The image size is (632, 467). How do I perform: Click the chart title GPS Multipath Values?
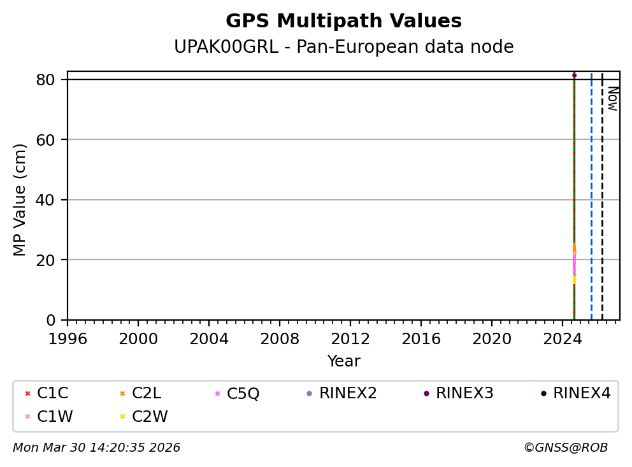click(x=343, y=21)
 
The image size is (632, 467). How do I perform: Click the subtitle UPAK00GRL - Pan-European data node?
click(x=343, y=47)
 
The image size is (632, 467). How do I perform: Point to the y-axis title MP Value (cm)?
click(x=20, y=200)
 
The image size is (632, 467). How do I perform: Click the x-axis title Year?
click(x=343, y=361)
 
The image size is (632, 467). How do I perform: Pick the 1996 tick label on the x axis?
click(x=68, y=339)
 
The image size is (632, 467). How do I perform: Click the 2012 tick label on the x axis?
click(x=350, y=339)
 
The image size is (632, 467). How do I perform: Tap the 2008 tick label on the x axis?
click(x=280, y=339)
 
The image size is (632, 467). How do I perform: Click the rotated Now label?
click(x=612, y=99)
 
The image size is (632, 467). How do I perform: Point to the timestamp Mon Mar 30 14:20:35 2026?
click(x=96, y=448)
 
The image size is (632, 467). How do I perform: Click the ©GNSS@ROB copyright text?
click(x=565, y=448)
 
